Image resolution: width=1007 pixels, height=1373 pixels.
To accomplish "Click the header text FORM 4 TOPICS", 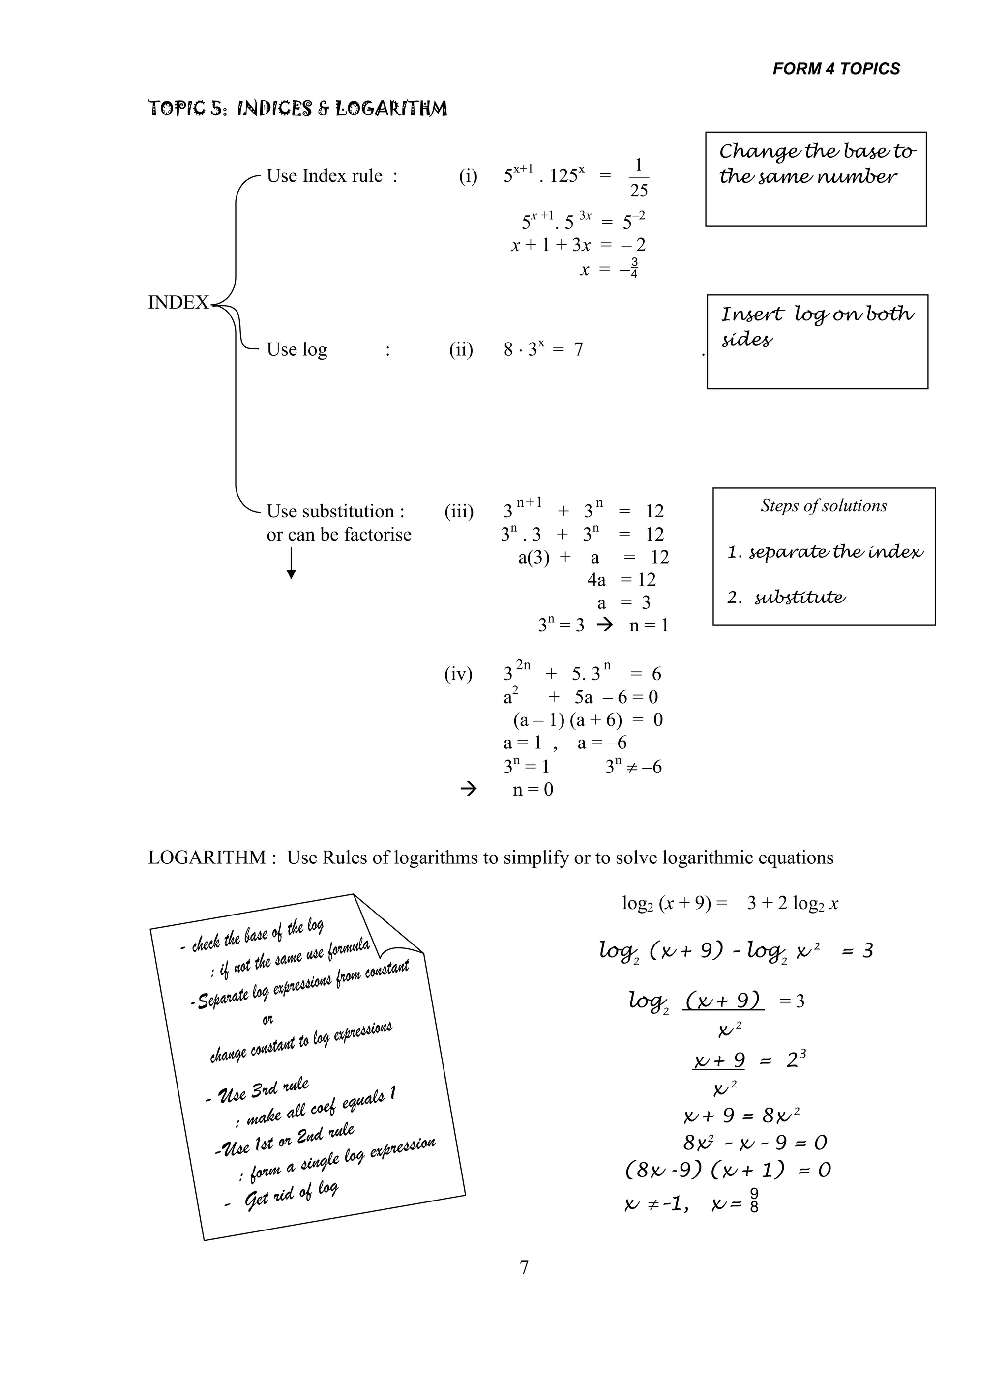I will (x=836, y=69).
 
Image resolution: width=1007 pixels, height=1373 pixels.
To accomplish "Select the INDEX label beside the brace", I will (x=178, y=303).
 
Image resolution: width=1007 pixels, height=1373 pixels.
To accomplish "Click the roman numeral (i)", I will (x=468, y=176).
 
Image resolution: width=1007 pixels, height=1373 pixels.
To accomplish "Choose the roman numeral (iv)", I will (x=458, y=674).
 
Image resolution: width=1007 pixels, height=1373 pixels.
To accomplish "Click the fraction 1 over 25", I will (x=638, y=177).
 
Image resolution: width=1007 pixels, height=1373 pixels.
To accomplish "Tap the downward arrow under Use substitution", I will (x=292, y=564).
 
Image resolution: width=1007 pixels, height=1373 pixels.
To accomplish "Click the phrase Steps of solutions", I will (x=823, y=506).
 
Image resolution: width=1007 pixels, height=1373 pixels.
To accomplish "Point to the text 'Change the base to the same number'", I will (x=816, y=164).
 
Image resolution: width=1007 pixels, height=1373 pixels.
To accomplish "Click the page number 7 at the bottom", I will (x=524, y=1268).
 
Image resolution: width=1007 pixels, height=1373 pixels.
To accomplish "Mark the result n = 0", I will (x=533, y=790).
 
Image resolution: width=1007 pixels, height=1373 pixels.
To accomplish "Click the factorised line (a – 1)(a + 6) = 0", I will (x=587, y=720).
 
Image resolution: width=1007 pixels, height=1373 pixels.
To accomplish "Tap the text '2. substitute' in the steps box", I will (x=786, y=598).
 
